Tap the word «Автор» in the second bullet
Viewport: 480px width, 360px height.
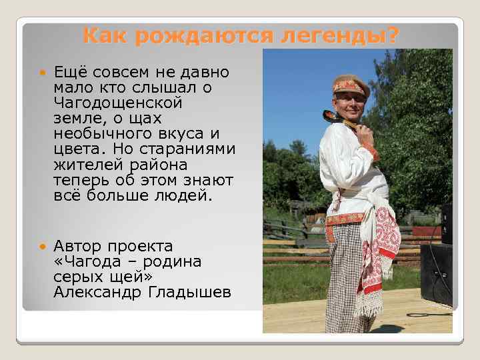(79, 247)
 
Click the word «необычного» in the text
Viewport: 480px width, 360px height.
(104, 133)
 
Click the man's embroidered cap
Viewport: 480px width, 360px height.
(348, 85)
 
